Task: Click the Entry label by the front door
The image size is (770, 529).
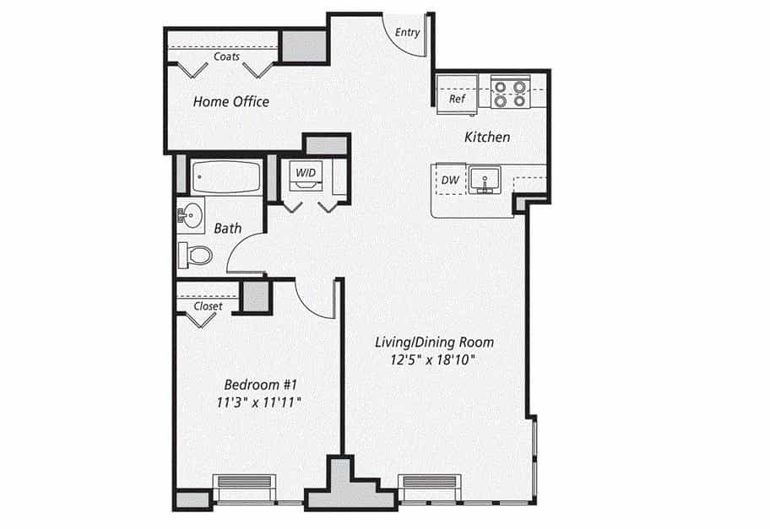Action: click(407, 33)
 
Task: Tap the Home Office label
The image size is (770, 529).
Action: click(230, 102)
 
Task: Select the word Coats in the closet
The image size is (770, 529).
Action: click(225, 57)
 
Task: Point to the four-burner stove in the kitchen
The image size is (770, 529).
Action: click(510, 92)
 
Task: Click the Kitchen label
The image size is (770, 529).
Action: click(487, 137)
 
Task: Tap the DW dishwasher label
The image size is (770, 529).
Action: click(449, 180)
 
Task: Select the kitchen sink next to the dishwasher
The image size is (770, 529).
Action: click(485, 180)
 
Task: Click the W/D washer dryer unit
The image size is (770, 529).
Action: click(306, 174)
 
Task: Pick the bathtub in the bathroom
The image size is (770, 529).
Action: click(225, 177)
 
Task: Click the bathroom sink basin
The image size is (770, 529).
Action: click(189, 216)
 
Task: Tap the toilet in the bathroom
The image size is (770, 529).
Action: click(193, 253)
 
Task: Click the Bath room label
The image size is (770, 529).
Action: click(227, 228)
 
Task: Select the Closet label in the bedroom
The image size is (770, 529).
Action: click(208, 306)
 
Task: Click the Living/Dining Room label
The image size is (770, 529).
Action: click(435, 343)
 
